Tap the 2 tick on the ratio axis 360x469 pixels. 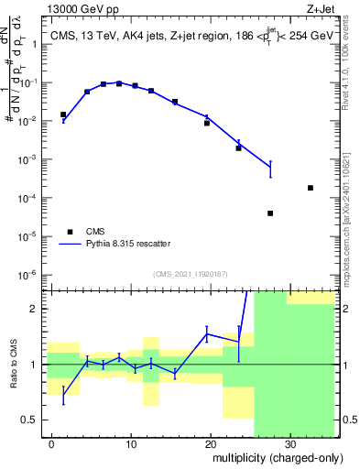(x=38, y=309)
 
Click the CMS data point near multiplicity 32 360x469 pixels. (x=311, y=188)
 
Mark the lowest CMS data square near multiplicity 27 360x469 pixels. (x=270, y=213)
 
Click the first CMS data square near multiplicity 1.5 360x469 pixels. (x=63, y=115)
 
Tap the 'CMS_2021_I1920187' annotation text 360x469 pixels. (x=190, y=274)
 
